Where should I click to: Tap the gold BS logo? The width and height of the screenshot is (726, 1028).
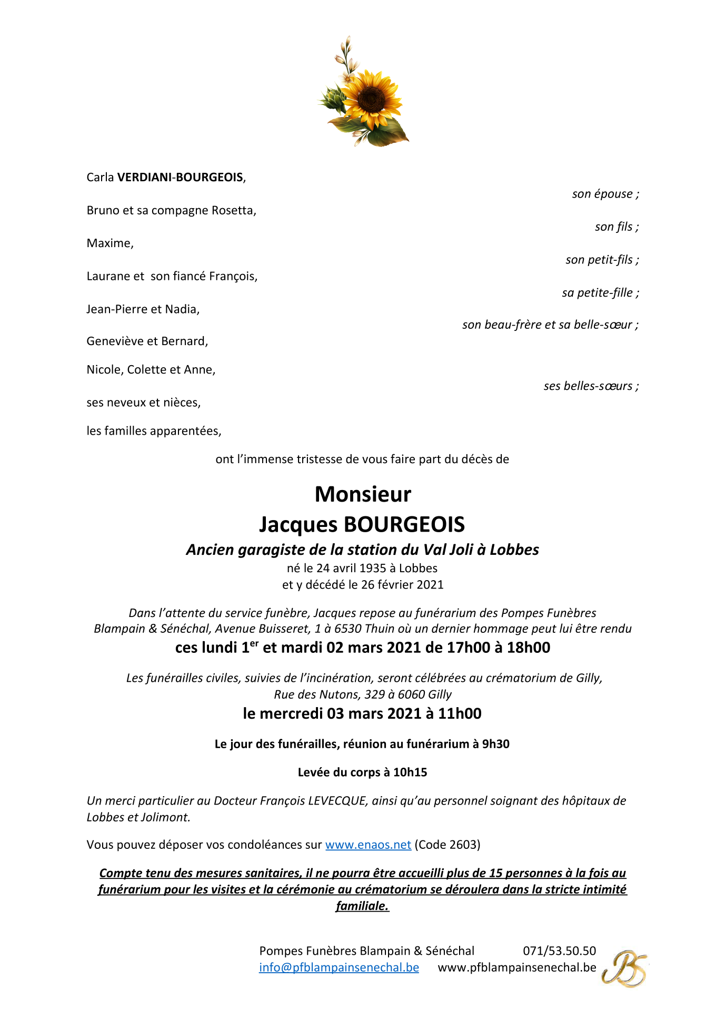click(x=625, y=968)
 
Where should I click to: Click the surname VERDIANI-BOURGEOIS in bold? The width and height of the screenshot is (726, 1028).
click(x=180, y=178)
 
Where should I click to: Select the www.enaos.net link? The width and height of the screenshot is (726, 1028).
click(x=368, y=845)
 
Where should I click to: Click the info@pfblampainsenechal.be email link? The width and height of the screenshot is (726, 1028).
click(x=339, y=967)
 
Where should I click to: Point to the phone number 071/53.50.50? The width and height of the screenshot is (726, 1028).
click(x=559, y=951)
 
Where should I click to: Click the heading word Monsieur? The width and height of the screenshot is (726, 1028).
click(x=363, y=494)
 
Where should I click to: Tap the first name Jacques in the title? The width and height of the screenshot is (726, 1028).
click(x=298, y=525)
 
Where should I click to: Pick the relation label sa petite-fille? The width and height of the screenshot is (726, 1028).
click(x=600, y=293)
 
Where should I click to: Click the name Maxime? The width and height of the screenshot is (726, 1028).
click(x=110, y=243)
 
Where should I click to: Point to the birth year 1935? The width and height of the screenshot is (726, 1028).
click(x=372, y=568)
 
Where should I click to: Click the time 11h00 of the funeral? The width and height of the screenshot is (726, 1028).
click(x=460, y=713)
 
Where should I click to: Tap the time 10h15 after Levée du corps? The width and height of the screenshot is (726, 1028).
click(x=410, y=772)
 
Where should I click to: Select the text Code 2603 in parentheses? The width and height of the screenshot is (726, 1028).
click(x=447, y=845)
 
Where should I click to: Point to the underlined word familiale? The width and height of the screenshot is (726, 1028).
click(x=362, y=906)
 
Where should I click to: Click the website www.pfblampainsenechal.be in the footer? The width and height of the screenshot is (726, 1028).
click(x=517, y=967)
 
